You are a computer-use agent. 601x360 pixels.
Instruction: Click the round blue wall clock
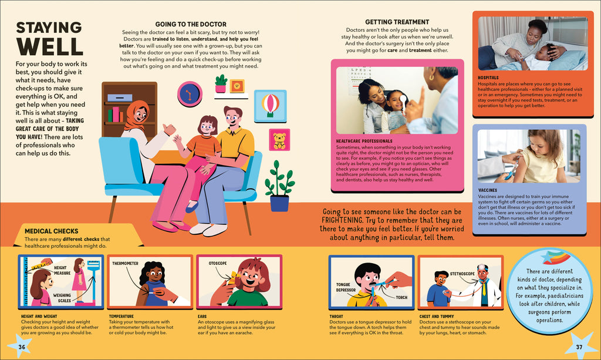(x=190, y=94)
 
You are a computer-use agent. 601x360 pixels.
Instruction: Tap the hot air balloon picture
(x=270, y=106)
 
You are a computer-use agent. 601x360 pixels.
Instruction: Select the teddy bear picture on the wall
(x=279, y=140)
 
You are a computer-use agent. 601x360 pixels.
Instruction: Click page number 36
(x=22, y=347)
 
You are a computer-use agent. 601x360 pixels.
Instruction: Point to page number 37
(x=579, y=347)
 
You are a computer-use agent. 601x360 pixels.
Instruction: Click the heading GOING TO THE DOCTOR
(x=191, y=24)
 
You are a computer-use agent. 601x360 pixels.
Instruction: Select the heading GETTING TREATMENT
(x=397, y=22)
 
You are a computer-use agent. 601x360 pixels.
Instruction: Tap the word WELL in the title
(x=49, y=46)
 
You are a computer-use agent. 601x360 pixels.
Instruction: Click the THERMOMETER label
(x=126, y=263)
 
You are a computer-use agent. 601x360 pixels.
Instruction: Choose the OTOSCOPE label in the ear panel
(x=218, y=263)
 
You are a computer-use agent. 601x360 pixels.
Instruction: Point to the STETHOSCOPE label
(x=462, y=274)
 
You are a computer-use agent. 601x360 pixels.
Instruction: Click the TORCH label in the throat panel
(x=401, y=298)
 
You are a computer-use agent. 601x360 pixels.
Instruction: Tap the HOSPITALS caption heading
(x=488, y=78)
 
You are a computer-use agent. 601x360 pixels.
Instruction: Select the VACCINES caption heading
(x=488, y=190)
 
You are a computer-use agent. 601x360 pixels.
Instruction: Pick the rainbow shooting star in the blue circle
(x=556, y=257)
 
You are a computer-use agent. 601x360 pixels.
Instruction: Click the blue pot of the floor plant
(x=279, y=203)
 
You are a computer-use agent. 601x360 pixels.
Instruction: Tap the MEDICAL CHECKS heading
(x=52, y=231)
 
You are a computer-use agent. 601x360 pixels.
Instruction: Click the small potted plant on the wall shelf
(x=221, y=83)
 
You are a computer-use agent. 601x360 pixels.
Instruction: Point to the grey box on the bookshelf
(x=120, y=97)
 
